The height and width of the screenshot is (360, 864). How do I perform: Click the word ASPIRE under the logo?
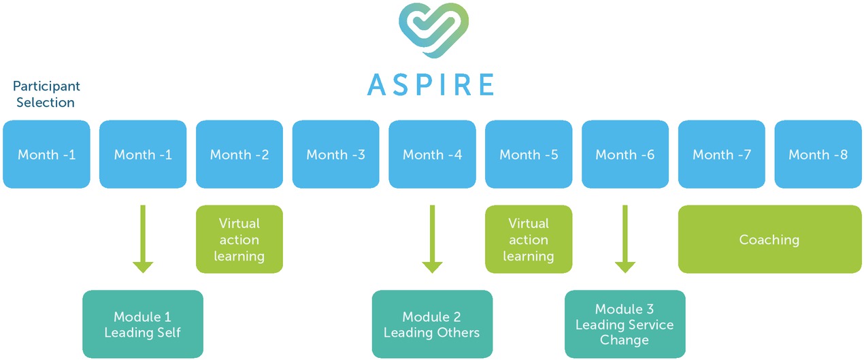[431, 84]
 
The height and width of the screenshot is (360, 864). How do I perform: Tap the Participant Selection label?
[46, 95]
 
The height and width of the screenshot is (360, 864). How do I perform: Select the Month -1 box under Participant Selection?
[46, 154]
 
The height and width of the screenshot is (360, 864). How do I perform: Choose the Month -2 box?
[239, 154]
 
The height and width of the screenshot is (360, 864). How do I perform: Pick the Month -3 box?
[336, 154]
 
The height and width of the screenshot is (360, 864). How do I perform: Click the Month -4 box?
[432, 154]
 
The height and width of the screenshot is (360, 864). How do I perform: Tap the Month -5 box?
[529, 154]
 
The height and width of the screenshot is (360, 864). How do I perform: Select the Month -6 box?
[625, 154]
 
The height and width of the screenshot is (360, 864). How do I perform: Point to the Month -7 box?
[722, 154]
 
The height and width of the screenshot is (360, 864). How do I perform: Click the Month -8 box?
[818, 154]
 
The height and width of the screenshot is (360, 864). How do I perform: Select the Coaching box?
[769, 240]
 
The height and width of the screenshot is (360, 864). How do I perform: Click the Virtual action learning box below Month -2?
[239, 240]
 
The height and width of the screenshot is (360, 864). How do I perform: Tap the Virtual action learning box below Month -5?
[529, 240]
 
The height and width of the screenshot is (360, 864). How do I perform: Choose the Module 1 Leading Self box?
[143, 325]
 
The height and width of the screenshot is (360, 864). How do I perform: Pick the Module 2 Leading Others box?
[432, 325]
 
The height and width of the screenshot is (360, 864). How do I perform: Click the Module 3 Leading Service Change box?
[625, 325]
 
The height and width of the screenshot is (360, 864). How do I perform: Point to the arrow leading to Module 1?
[143, 239]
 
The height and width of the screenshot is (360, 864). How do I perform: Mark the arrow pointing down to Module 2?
[432, 239]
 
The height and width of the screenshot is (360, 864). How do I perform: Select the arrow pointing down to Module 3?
[625, 239]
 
